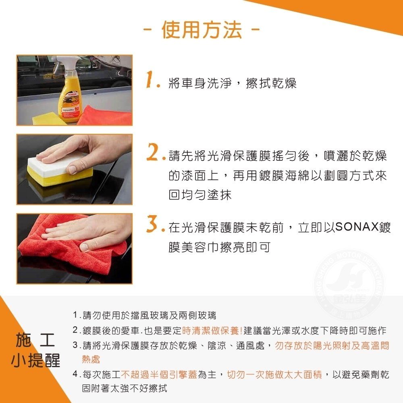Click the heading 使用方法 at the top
pos(201,30)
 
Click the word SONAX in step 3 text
pos(357,227)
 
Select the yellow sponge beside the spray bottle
pos(48,118)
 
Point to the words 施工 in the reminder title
pos(35,340)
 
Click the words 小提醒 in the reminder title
pos(35,360)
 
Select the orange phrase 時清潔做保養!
pos(212,330)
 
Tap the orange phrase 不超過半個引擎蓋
pos(159,374)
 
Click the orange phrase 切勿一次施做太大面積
pos(274,374)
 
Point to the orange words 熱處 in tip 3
pos(91,359)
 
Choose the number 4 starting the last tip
pos(75,374)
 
